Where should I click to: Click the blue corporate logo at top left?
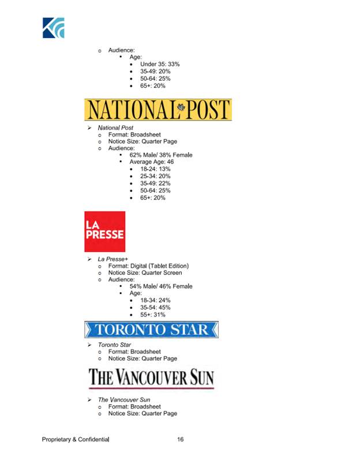pos(53,28)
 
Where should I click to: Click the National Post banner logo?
pos(157,110)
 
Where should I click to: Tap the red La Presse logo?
pos(104,231)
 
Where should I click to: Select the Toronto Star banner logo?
pos(151,330)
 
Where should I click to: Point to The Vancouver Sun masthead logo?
pos(151,378)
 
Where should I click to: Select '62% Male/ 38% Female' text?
pos(160,155)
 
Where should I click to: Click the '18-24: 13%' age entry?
pos(155,169)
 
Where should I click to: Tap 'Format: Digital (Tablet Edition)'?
pos(148,266)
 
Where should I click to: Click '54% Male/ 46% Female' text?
pos(160,286)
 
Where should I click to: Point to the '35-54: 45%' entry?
pos(155,308)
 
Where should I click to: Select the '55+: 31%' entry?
pos(153,315)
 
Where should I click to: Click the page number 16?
pos(180,440)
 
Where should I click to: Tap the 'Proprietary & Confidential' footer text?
pos(75,440)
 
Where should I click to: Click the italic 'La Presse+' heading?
pos(112,259)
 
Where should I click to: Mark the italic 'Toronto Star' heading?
pos(114,345)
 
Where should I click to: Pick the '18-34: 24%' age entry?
pos(155,300)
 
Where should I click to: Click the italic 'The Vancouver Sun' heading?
pos(125,399)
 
